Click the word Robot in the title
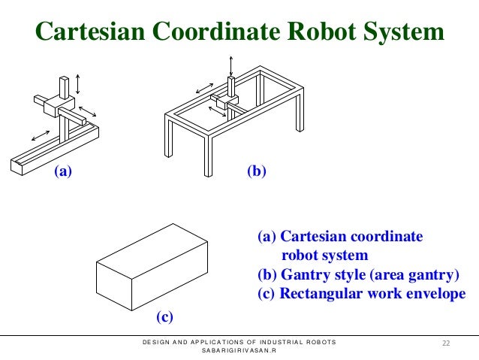(x=315, y=32)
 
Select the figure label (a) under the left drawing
(x=62, y=172)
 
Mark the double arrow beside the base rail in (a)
(x=41, y=135)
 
